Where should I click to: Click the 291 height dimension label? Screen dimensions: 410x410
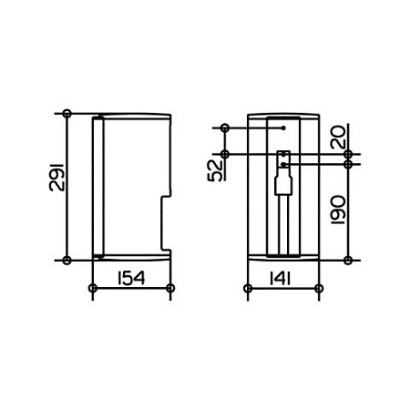click(x=56, y=177)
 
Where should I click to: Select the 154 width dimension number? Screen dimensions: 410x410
click(x=131, y=279)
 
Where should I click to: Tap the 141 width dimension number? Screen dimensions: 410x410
click(x=280, y=279)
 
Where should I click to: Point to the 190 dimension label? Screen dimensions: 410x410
click(x=338, y=210)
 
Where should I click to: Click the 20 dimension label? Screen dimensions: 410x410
click(x=338, y=137)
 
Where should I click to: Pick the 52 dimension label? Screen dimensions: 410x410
click(x=215, y=170)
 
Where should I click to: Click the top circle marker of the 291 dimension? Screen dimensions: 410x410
click(x=67, y=114)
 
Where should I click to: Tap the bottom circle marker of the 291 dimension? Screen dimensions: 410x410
click(x=67, y=260)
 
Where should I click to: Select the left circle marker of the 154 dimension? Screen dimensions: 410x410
click(x=93, y=288)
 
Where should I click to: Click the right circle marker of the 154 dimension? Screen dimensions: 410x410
click(x=170, y=288)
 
